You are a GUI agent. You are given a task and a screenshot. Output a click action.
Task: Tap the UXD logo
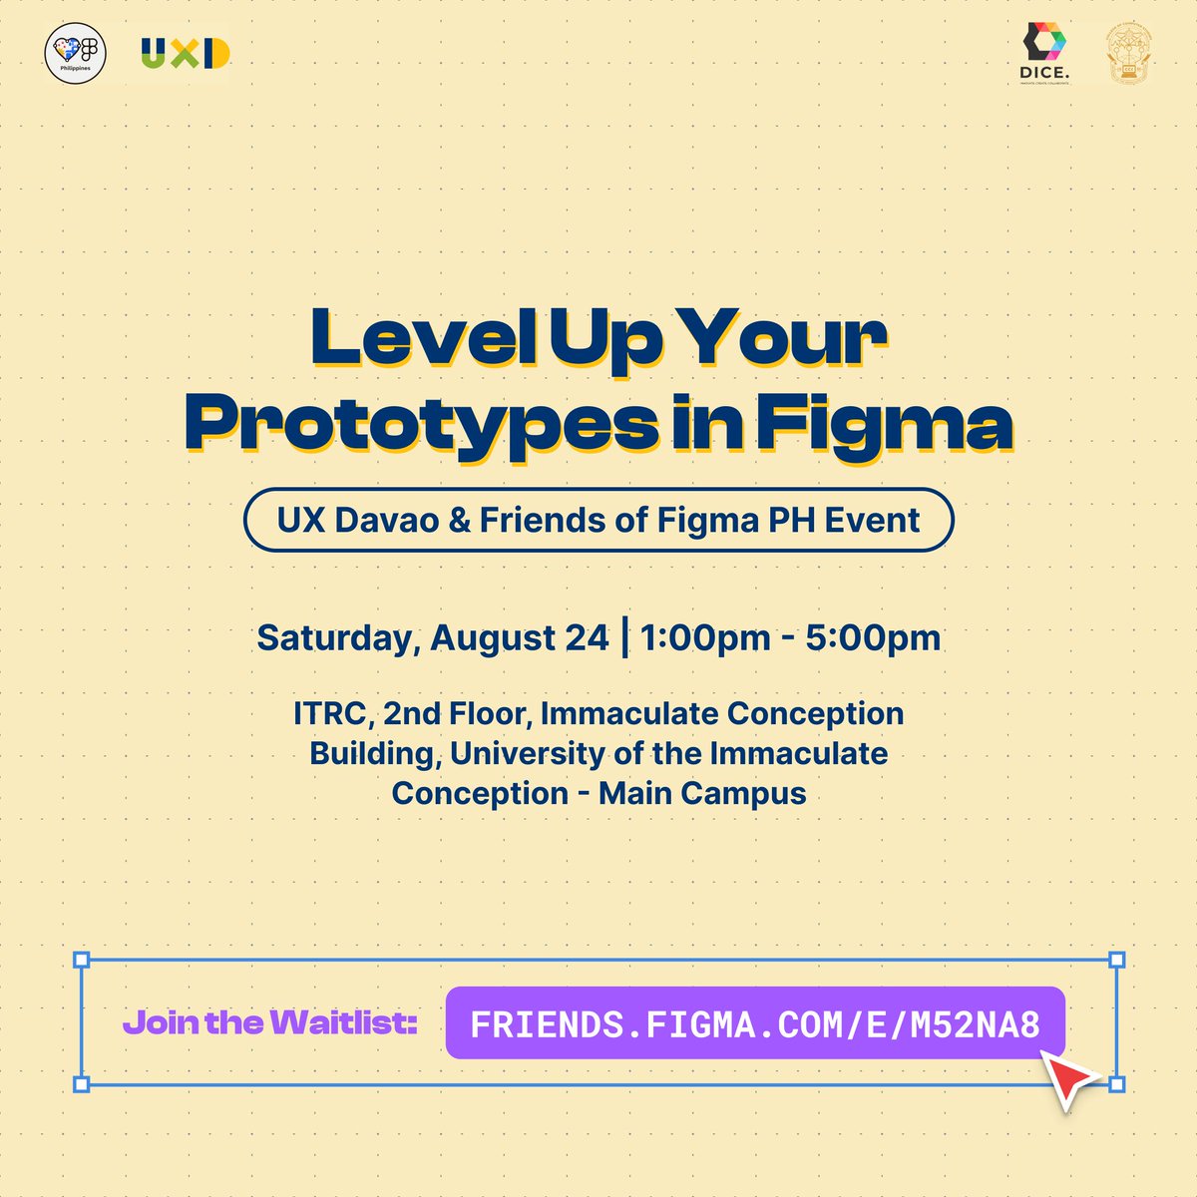(186, 54)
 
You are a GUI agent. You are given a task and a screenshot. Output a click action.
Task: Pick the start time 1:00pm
(705, 637)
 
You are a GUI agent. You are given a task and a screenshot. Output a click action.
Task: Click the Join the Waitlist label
(269, 1022)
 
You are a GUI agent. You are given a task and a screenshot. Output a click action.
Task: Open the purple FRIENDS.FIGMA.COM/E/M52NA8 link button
(755, 1022)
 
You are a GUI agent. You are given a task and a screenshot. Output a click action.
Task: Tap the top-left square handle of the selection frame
(82, 960)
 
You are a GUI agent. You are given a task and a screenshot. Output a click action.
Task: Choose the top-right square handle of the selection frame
(1117, 960)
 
